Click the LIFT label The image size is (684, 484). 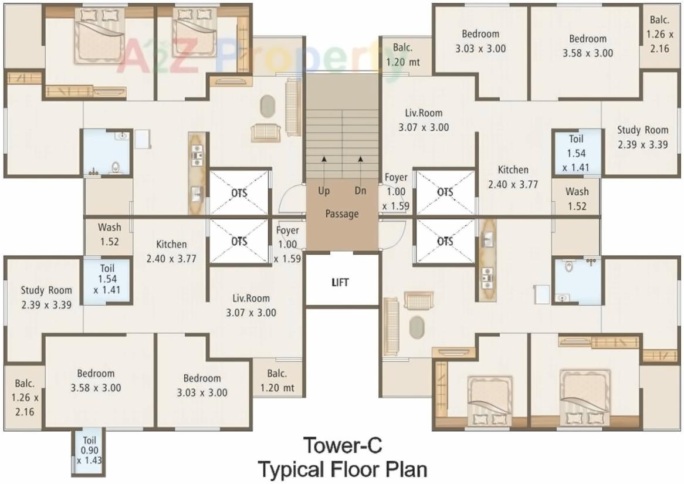tap(340, 282)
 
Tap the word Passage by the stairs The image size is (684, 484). tap(342, 214)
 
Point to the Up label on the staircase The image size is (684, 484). tap(324, 191)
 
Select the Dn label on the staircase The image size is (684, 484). tap(360, 191)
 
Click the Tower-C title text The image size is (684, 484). tap(343, 446)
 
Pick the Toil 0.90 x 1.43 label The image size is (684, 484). tap(90, 450)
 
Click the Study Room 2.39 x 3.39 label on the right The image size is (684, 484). tap(642, 137)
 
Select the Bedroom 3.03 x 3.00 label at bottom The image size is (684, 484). tap(202, 385)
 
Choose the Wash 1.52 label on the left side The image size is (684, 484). tap(109, 234)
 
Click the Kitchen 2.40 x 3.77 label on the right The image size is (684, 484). tap(513, 177)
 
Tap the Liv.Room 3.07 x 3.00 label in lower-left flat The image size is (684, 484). tap(250, 305)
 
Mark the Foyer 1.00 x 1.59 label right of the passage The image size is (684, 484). tap(395, 192)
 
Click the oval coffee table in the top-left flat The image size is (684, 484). tap(267, 106)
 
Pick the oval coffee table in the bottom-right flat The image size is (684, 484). tap(417, 327)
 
